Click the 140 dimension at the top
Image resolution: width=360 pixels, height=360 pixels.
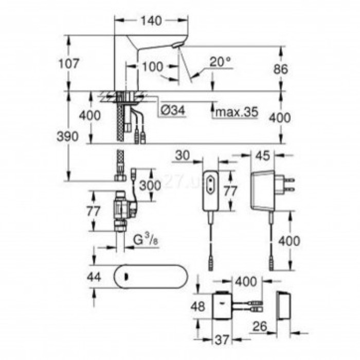[151, 21]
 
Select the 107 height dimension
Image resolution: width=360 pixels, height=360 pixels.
[69, 64]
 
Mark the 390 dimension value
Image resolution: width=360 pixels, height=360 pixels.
[68, 136]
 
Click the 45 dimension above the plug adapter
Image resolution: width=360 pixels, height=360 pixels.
[262, 155]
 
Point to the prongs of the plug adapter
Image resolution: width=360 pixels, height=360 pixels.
[290, 185]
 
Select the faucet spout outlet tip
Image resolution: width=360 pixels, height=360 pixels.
[178, 46]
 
